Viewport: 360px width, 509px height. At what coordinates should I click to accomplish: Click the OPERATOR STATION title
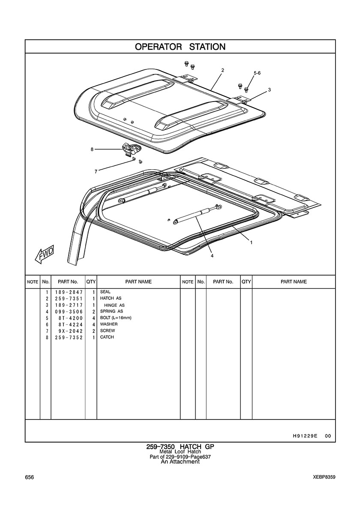click(x=180, y=47)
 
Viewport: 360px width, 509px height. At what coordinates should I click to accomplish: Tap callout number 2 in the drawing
click(x=222, y=70)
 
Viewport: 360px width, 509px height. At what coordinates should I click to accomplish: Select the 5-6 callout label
click(x=257, y=73)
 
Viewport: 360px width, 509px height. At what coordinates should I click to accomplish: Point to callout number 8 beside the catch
click(x=92, y=150)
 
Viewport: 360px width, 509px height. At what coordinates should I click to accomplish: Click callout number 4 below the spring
click(x=212, y=256)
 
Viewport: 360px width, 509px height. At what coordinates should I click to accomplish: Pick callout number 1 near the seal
click(x=251, y=242)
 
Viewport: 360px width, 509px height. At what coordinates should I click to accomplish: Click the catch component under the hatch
click(x=132, y=148)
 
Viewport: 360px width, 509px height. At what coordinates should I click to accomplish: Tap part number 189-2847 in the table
click(x=69, y=292)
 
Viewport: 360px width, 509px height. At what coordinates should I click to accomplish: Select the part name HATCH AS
click(x=111, y=298)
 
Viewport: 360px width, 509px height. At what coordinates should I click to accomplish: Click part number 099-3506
click(x=69, y=311)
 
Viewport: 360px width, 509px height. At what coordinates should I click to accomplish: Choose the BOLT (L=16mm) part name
click(x=116, y=318)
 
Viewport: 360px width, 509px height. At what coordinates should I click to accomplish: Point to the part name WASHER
click(x=109, y=324)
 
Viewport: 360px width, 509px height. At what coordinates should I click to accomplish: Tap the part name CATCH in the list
click(x=107, y=337)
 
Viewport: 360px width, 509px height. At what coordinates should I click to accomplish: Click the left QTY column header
click(x=91, y=282)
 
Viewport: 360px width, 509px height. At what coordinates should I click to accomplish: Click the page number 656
click(x=29, y=477)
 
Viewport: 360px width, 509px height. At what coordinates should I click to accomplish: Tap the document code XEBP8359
click(x=324, y=477)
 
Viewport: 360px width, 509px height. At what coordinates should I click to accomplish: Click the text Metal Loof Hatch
click(x=180, y=452)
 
